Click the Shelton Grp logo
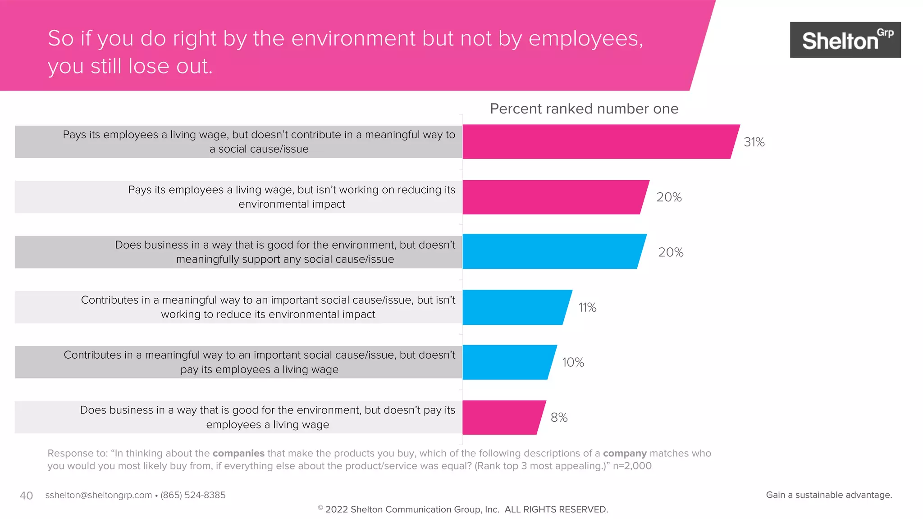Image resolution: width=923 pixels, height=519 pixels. [x=845, y=40]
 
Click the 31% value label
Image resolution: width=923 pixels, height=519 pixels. [x=754, y=142]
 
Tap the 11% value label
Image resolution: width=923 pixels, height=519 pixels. [x=587, y=307]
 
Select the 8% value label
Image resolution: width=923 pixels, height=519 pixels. [x=559, y=417]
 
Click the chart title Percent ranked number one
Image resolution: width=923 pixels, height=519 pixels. [x=584, y=109]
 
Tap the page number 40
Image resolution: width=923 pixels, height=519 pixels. [x=26, y=496]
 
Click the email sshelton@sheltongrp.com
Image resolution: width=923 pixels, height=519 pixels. [x=98, y=495]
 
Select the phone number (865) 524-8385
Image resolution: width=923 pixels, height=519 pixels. [x=193, y=495]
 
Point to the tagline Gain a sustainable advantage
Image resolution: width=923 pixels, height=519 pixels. [x=829, y=495]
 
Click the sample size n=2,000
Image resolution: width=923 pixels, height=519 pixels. [x=632, y=466]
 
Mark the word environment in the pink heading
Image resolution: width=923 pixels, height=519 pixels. [x=354, y=38]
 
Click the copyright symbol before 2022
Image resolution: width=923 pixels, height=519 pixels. [x=320, y=508]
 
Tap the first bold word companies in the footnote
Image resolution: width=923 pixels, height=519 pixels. [x=238, y=453]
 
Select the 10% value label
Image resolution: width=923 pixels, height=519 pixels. [x=573, y=362]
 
